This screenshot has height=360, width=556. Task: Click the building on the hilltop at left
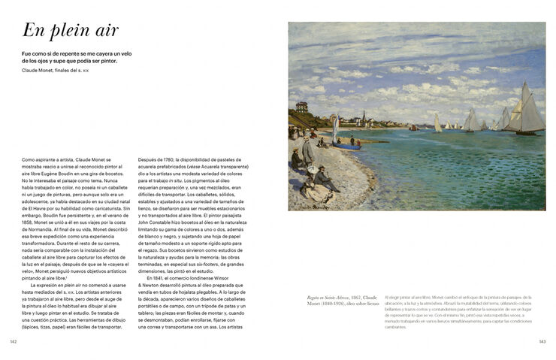click(x=302, y=107)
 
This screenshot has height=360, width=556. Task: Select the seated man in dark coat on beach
click(x=322, y=179)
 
